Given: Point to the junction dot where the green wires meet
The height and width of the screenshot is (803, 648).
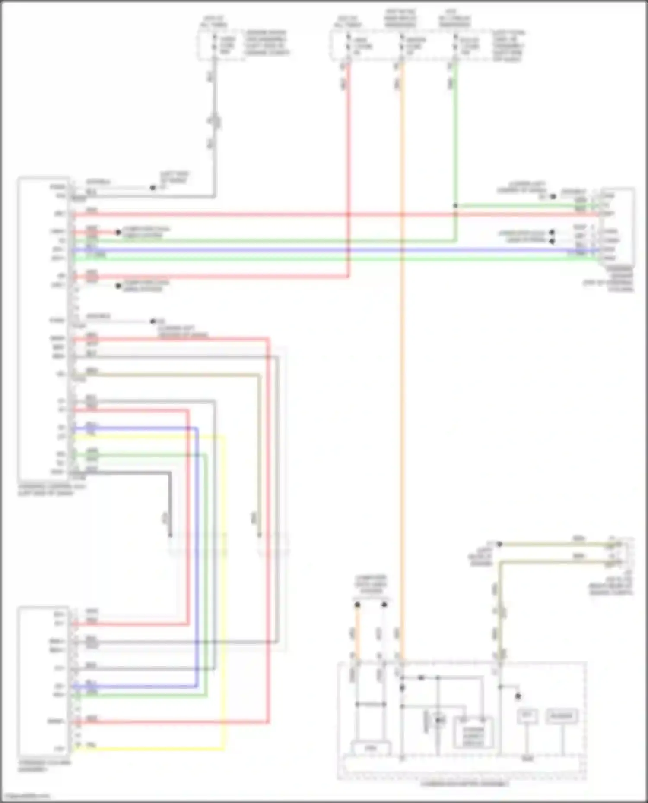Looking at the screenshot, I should coord(455,206).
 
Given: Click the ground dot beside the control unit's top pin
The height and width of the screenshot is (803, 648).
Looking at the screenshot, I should coord(152,188).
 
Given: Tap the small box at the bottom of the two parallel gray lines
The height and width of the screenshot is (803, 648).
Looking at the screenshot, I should coord(371,747).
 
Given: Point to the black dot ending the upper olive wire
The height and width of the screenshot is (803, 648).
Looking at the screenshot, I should coord(499,545).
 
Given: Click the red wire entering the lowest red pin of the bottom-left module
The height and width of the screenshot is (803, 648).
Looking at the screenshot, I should coord(173,722).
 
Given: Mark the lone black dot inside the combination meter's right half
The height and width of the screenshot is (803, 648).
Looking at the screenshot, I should coord(518,696).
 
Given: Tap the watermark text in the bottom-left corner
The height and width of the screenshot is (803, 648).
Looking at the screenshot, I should coord(26,796).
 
